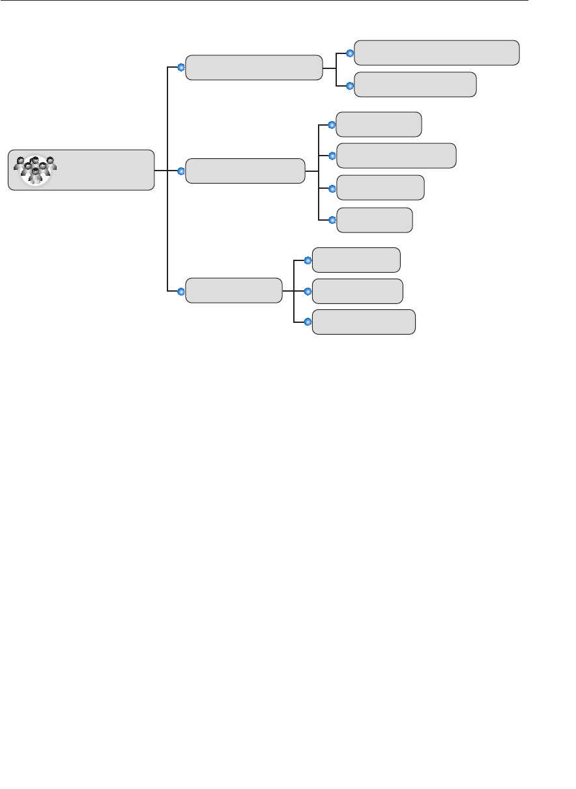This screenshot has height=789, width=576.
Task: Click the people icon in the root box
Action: point(35,170)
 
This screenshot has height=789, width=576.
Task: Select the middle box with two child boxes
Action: point(253,68)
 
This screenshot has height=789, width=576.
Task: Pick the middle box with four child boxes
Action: point(245,171)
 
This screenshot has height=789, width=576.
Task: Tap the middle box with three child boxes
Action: point(234,290)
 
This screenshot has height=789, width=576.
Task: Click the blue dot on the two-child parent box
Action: point(182,67)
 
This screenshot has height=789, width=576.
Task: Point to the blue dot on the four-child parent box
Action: point(182,171)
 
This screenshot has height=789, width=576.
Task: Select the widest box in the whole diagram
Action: point(436,53)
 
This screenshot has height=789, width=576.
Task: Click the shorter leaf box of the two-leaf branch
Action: point(415,85)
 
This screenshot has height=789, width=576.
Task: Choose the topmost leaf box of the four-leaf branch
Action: point(379,124)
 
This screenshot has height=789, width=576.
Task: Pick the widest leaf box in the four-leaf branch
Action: point(396,156)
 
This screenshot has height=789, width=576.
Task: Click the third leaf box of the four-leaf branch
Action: point(380,187)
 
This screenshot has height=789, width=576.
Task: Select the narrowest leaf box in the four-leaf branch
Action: point(374,220)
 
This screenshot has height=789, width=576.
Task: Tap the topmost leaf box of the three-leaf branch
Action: point(356,260)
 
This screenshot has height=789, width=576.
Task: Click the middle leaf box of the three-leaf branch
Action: point(357,291)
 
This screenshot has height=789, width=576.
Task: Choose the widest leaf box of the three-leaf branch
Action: point(364,322)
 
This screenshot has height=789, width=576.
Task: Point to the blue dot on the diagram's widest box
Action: point(350,53)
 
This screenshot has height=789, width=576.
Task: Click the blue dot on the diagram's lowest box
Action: point(308,322)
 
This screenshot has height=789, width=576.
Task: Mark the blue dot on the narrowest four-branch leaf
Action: point(332,220)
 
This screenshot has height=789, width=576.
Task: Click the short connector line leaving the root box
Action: point(161,171)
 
